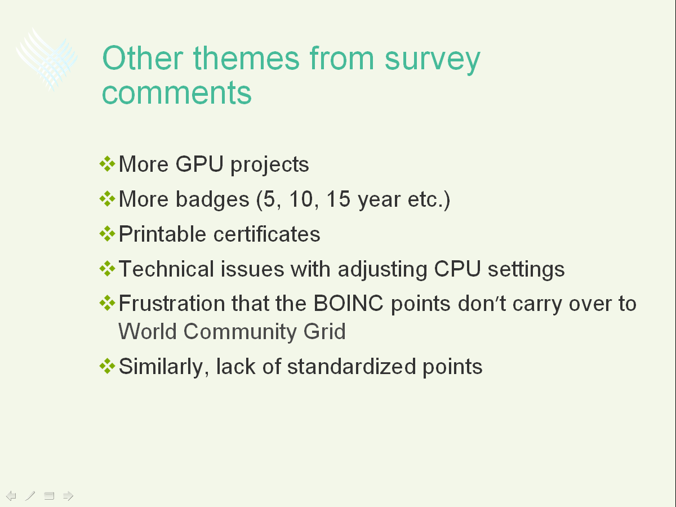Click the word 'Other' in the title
coord(143,58)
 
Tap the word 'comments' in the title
coord(176,92)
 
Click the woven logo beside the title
coord(47,59)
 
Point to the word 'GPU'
coord(199,164)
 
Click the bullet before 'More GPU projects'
coord(107,164)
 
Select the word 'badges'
coord(212,200)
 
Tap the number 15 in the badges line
coord(338,199)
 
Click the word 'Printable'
coord(162,234)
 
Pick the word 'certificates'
coord(266,234)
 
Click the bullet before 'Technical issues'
coord(107,269)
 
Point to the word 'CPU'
coord(457,269)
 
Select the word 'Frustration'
coord(172,304)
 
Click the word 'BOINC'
coord(348,304)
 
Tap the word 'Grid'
coord(324,332)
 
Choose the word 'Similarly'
coord(164,367)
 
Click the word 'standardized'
coord(352,366)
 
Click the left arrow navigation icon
coord(11,496)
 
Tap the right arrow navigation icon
coord(68,496)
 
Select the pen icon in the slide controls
coord(30,496)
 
